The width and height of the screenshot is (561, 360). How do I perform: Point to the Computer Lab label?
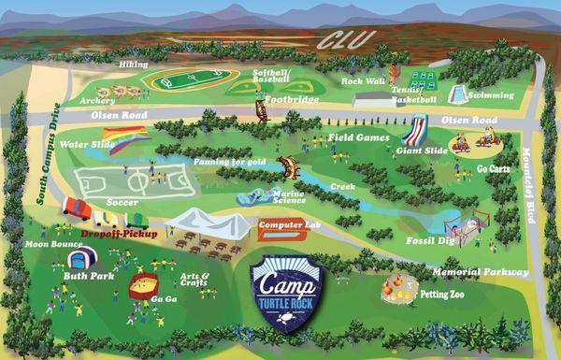coord(288,225)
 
